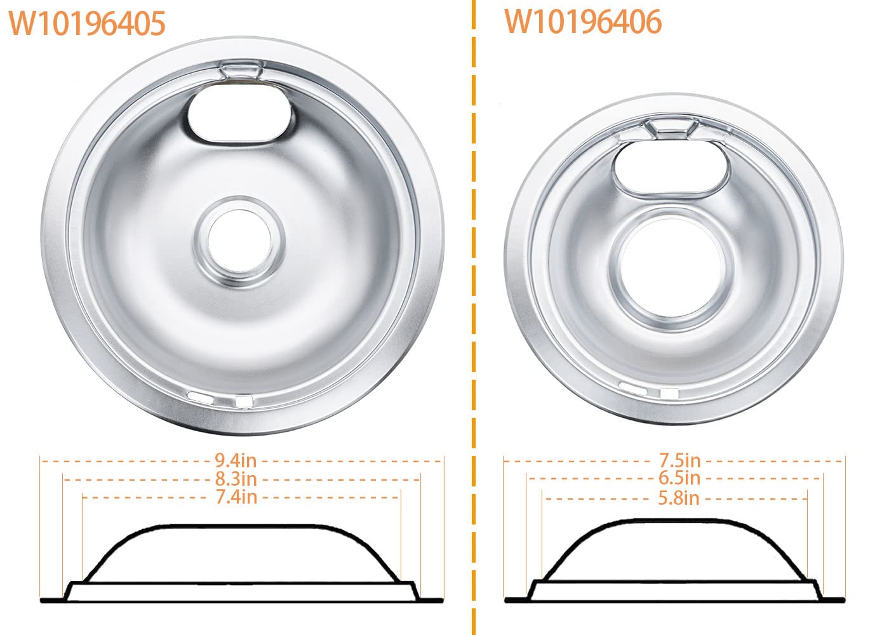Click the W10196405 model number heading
[x=87, y=23]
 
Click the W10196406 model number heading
[x=583, y=22]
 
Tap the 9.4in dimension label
[x=236, y=460]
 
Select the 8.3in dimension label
[x=236, y=479]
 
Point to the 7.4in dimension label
[x=236, y=497]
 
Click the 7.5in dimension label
[x=680, y=460]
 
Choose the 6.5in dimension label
[x=679, y=478]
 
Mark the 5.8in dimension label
[x=679, y=498]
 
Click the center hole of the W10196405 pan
[x=239, y=241]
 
